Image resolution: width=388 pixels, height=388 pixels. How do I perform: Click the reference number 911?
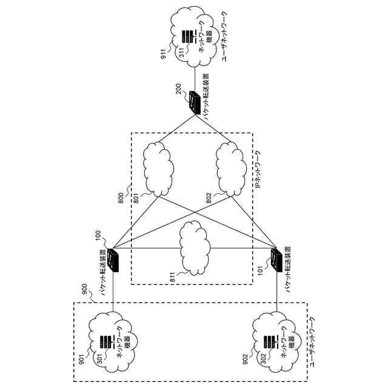coord(163,53)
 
